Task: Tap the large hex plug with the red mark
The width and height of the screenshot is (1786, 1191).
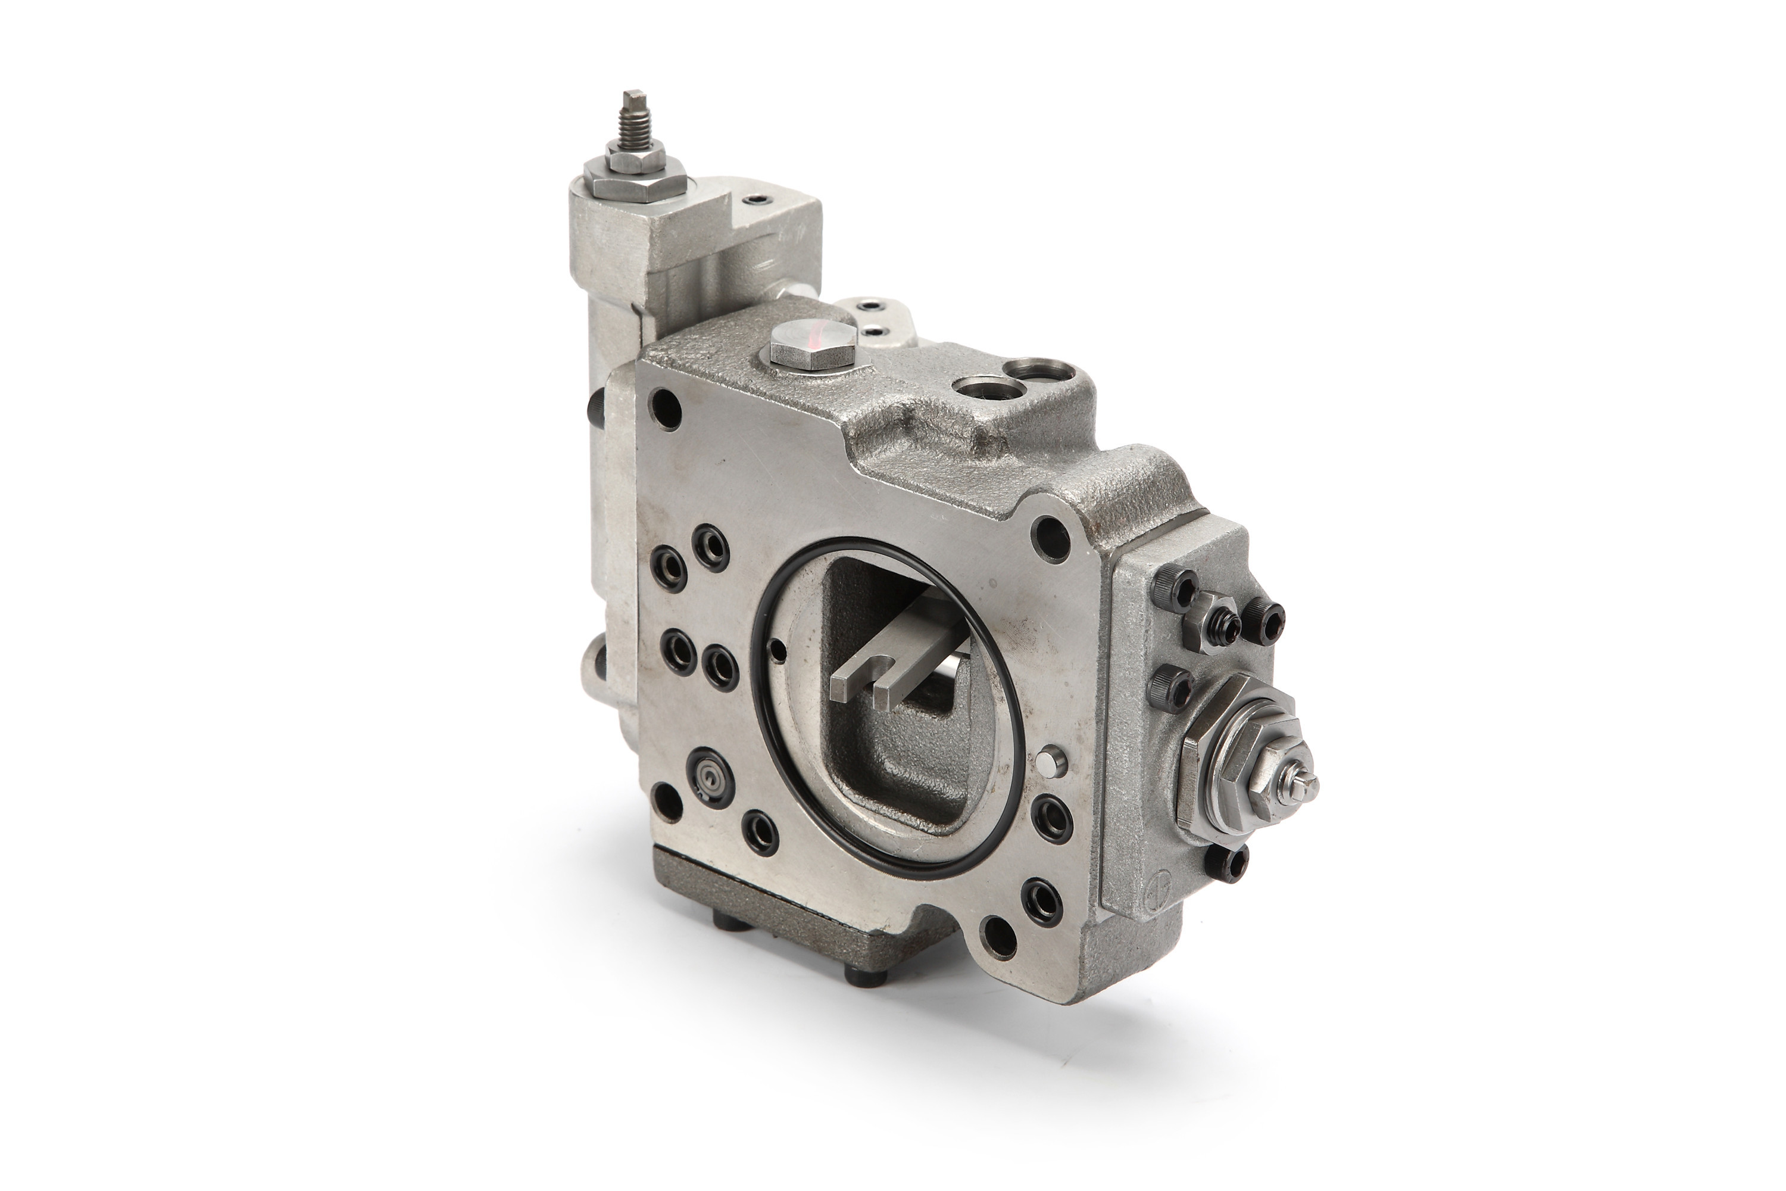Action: pyautogui.click(x=811, y=348)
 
